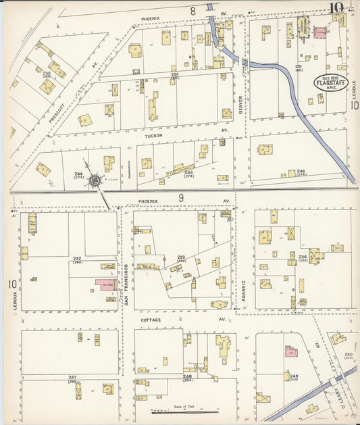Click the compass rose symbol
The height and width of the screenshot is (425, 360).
click(x=95, y=180)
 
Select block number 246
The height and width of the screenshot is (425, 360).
click(x=301, y=172)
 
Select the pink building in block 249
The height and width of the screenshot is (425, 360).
click(x=291, y=351)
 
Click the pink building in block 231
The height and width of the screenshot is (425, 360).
click(x=319, y=31)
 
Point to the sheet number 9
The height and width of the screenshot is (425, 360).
click(x=181, y=198)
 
